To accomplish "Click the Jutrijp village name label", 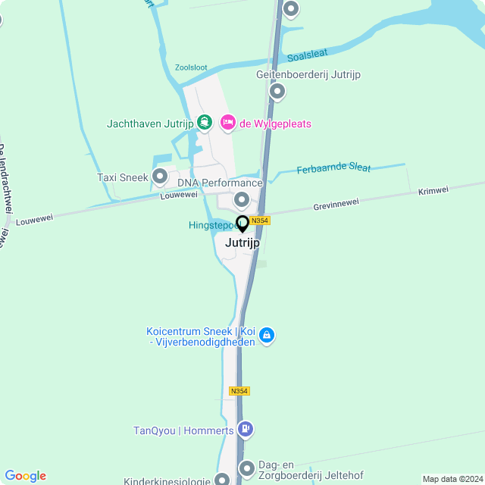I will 242,243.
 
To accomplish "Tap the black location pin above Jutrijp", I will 242,224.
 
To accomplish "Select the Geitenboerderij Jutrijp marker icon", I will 277,92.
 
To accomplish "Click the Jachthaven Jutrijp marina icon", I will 204,122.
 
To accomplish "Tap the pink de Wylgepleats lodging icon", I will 227,122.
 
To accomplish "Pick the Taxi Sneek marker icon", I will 160,177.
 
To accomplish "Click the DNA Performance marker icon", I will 242,200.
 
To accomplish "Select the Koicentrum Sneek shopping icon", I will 266,334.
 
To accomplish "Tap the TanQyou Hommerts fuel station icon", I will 245,430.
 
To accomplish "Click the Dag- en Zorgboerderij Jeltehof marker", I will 246,468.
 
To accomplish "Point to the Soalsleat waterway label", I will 308,55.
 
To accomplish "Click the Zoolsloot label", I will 190,67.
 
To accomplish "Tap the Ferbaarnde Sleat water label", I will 333,168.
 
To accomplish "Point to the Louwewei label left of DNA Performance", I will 179,195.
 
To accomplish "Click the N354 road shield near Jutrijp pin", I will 260,221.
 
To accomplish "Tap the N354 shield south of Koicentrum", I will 239,391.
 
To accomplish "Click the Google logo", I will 25,476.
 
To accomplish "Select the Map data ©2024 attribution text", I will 452,479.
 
